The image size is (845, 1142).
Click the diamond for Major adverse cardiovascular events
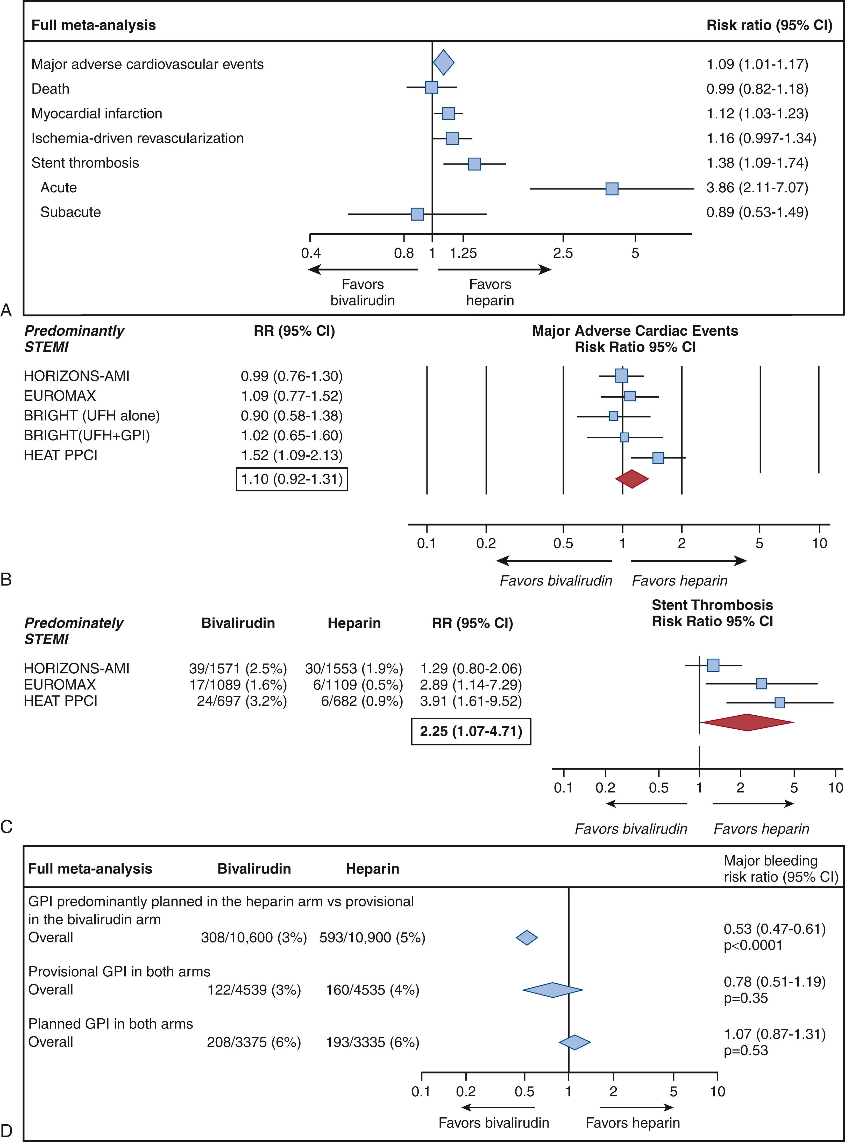(443, 62)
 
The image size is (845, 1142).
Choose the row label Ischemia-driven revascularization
(138, 138)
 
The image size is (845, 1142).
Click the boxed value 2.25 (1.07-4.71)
(471, 731)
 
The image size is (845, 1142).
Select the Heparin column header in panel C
(354, 623)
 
